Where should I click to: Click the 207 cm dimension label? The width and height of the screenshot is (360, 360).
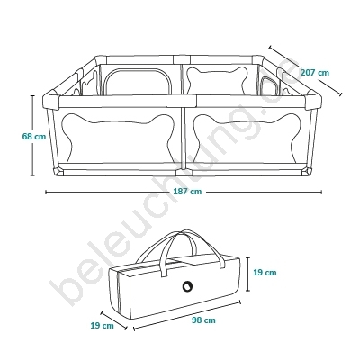pyautogui.click(x=315, y=73)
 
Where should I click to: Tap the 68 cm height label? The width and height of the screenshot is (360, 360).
pyautogui.click(x=34, y=137)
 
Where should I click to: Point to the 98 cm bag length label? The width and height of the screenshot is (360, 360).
pyautogui.click(x=203, y=320)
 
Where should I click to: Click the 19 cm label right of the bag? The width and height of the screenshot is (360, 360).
pyautogui.click(x=265, y=273)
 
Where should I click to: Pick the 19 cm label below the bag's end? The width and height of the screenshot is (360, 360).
pyautogui.click(x=103, y=325)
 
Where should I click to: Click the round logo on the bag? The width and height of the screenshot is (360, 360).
pyautogui.click(x=188, y=285)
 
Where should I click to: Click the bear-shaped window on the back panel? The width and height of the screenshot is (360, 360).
pyautogui.click(x=217, y=80)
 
